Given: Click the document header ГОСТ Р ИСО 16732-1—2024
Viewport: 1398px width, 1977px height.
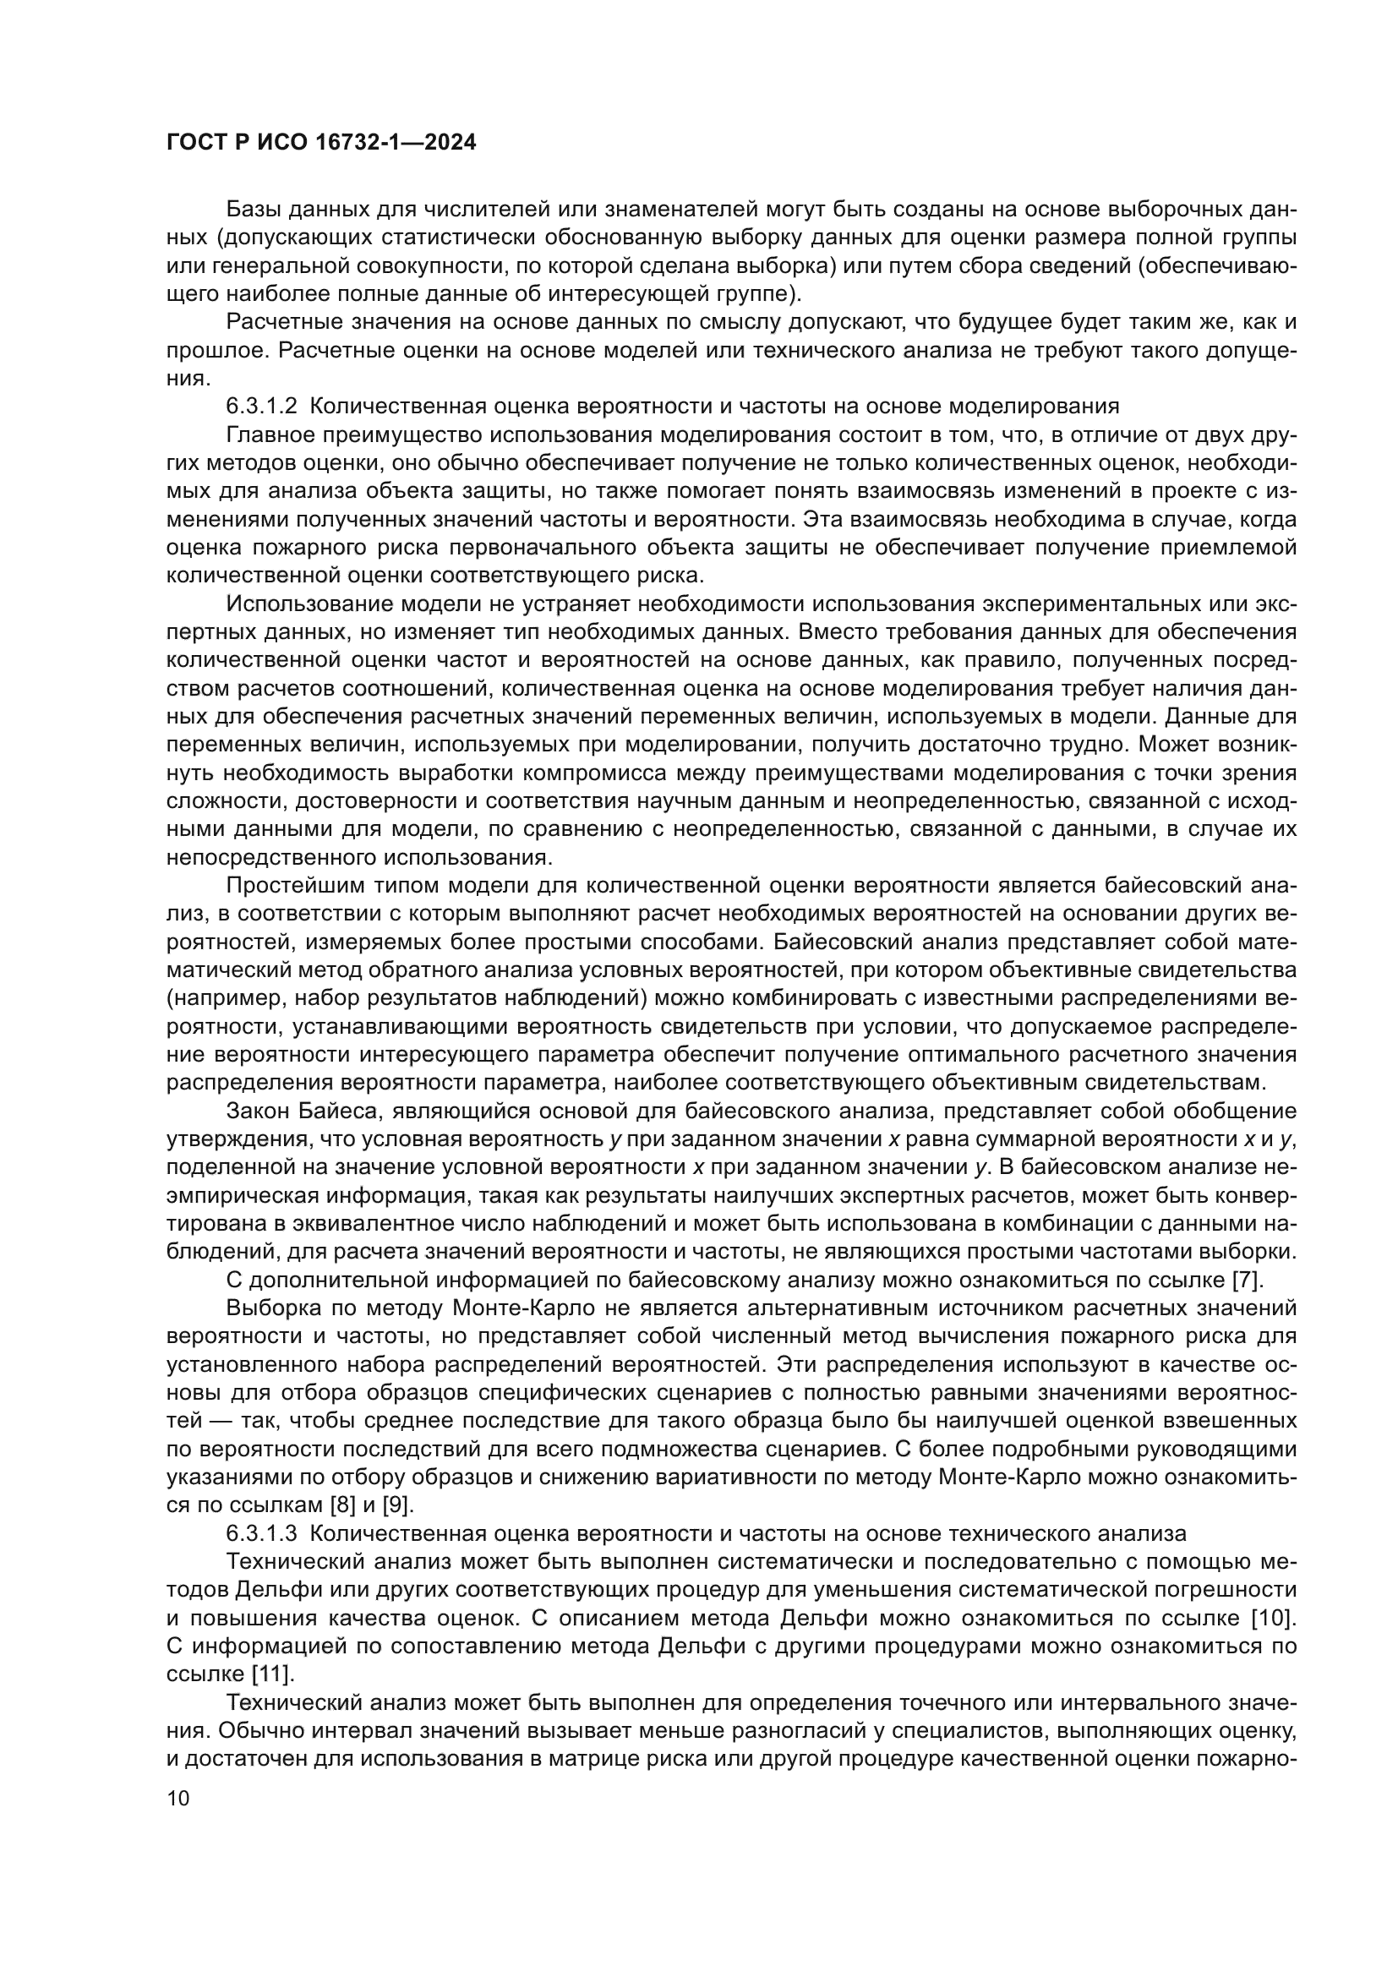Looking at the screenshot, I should click(320, 143).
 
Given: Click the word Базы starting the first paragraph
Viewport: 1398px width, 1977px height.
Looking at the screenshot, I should click(254, 210).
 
